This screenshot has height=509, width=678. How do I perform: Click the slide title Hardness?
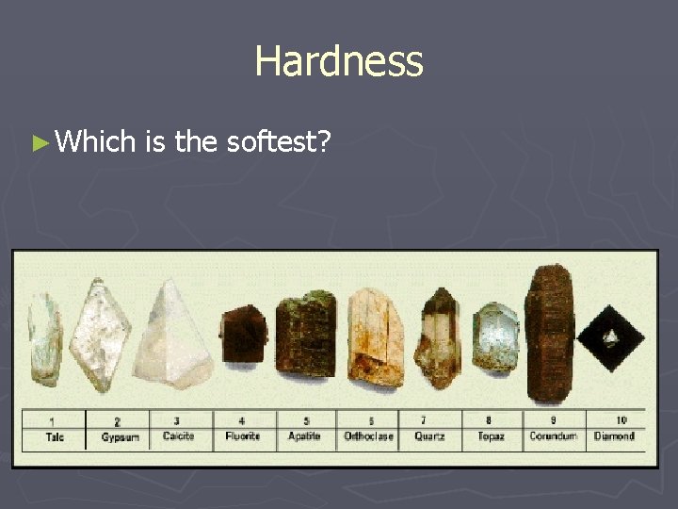click(x=339, y=63)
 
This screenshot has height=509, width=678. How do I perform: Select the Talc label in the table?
click(x=55, y=436)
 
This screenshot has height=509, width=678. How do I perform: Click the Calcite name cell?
click(x=178, y=436)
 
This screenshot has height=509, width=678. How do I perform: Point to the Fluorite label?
click(x=242, y=436)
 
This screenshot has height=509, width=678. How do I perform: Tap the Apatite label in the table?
click(x=304, y=436)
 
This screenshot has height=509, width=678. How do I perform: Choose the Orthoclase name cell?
click(x=368, y=436)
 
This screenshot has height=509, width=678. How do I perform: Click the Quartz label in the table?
click(x=429, y=436)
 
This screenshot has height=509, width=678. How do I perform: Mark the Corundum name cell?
click(x=553, y=436)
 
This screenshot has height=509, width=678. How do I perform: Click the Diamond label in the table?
click(x=614, y=436)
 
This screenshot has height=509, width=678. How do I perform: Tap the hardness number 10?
click(x=621, y=420)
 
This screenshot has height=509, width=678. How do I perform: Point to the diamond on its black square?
click(x=609, y=337)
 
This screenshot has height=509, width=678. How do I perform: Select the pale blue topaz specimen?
click(x=496, y=340)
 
